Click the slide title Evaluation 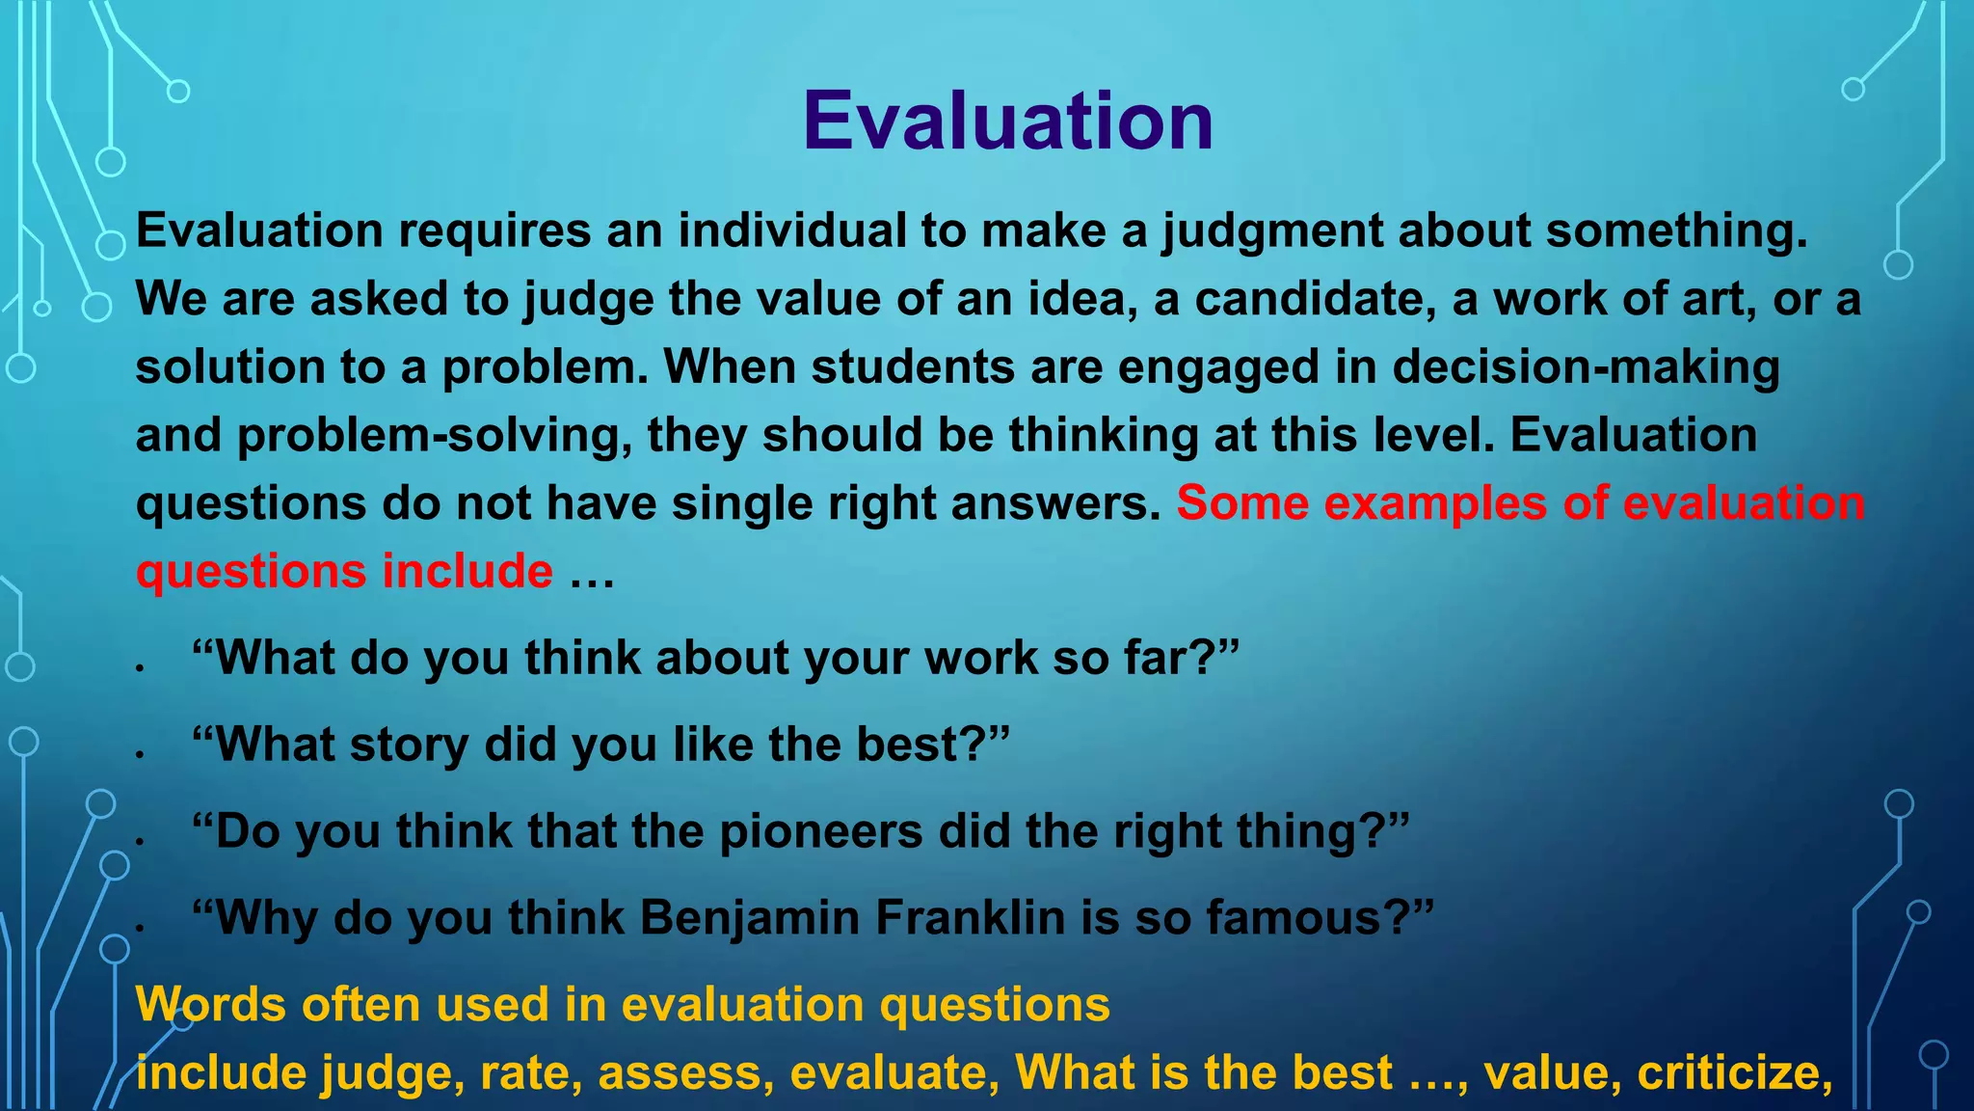(1007, 122)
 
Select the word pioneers (821, 831)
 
